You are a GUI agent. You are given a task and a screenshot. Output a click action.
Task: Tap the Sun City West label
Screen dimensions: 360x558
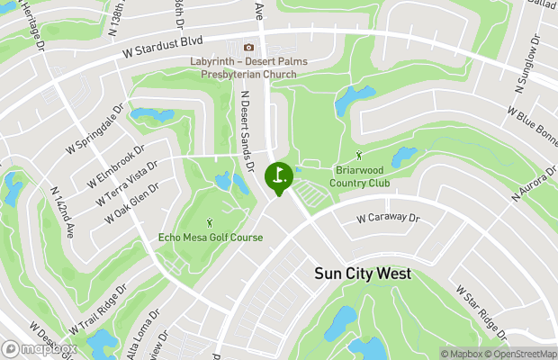[x=362, y=274]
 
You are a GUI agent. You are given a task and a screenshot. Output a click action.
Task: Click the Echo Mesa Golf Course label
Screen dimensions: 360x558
[x=211, y=238]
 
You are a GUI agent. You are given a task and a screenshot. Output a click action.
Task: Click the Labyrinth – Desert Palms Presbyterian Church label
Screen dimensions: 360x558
[x=249, y=67]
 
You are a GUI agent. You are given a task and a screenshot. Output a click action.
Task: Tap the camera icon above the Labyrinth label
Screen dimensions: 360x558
[x=249, y=48]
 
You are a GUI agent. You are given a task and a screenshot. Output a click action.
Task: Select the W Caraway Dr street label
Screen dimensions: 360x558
[x=388, y=218]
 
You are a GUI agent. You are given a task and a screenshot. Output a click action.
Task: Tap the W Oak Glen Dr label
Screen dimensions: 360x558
[x=131, y=204]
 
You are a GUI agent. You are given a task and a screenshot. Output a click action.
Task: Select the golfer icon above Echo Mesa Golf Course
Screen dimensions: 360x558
[x=211, y=221]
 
